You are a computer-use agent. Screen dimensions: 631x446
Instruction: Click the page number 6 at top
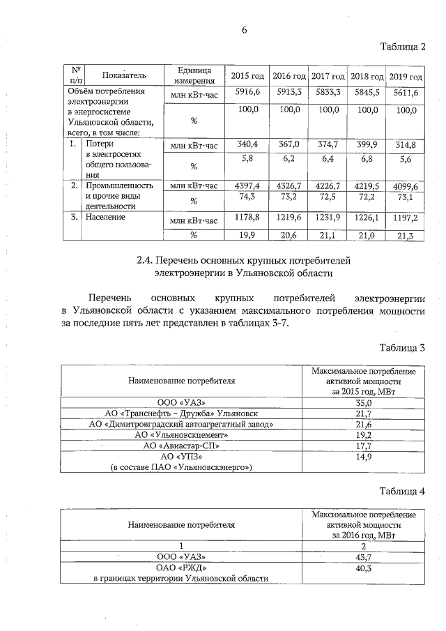pos(244,29)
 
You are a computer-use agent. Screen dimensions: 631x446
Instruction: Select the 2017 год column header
pos(328,75)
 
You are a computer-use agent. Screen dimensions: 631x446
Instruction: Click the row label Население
pos(105,218)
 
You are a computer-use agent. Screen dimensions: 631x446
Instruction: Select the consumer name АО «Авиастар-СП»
pos(180,445)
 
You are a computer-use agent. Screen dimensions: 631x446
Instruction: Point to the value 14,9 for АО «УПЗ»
pos(364,456)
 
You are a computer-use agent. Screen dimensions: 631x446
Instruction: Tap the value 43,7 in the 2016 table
pos(364,557)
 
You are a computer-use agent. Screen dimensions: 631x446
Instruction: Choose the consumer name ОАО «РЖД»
pos(180,568)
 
